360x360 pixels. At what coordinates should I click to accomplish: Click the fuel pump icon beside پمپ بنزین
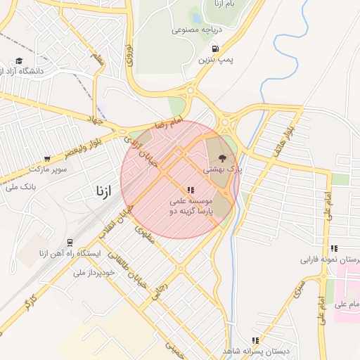(x=214, y=49)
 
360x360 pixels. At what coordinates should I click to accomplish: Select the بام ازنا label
(x=214, y=5)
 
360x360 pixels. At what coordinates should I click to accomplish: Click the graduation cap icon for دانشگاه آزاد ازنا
(x=20, y=60)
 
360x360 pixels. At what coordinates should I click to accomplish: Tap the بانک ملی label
(x=20, y=186)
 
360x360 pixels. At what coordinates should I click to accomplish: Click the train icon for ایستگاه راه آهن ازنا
(x=70, y=242)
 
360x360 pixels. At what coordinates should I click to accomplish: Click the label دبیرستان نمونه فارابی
(x=330, y=259)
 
